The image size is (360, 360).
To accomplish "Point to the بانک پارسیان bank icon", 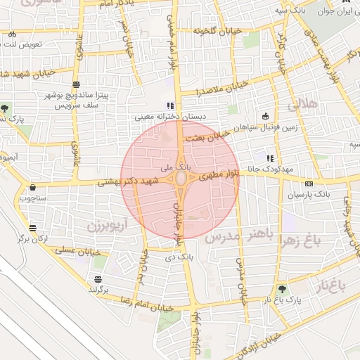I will [309, 183].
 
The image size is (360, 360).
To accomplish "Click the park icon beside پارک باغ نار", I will [283, 288].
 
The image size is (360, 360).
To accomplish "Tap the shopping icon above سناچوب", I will [34, 188].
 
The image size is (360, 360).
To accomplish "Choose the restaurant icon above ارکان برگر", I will [34, 227].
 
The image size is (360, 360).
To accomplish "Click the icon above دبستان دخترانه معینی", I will [169, 105].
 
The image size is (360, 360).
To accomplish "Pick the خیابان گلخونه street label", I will [204, 30].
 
